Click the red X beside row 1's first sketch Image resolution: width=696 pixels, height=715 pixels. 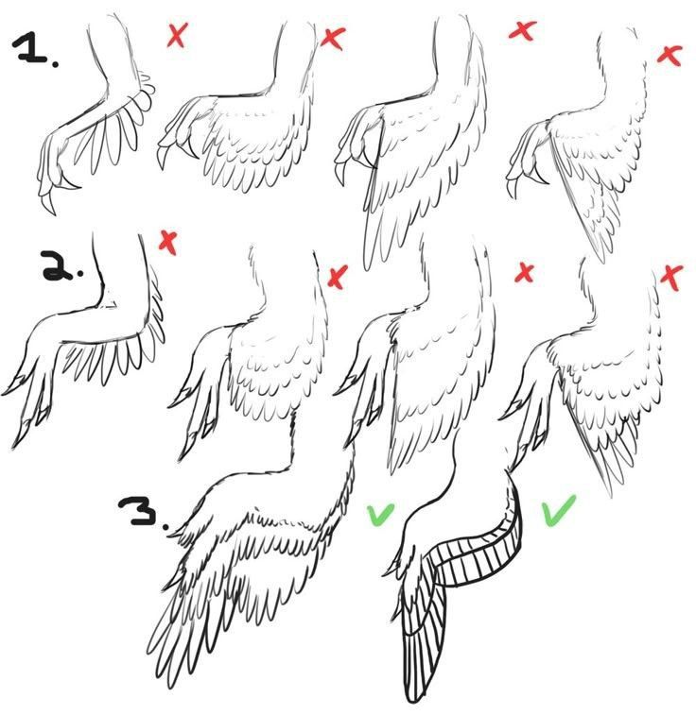point(177,35)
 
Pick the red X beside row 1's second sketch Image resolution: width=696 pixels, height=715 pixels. point(333,39)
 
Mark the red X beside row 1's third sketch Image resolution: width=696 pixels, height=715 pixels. point(523,30)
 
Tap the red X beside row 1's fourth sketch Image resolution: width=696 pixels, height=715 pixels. point(670,56)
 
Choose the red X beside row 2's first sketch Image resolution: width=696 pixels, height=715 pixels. point(168,243)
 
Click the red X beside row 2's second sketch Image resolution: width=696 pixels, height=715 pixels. point(338,277)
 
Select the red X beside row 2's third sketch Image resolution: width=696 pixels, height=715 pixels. point(524,273)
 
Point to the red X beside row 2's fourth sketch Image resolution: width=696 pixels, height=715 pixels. point(671,278)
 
